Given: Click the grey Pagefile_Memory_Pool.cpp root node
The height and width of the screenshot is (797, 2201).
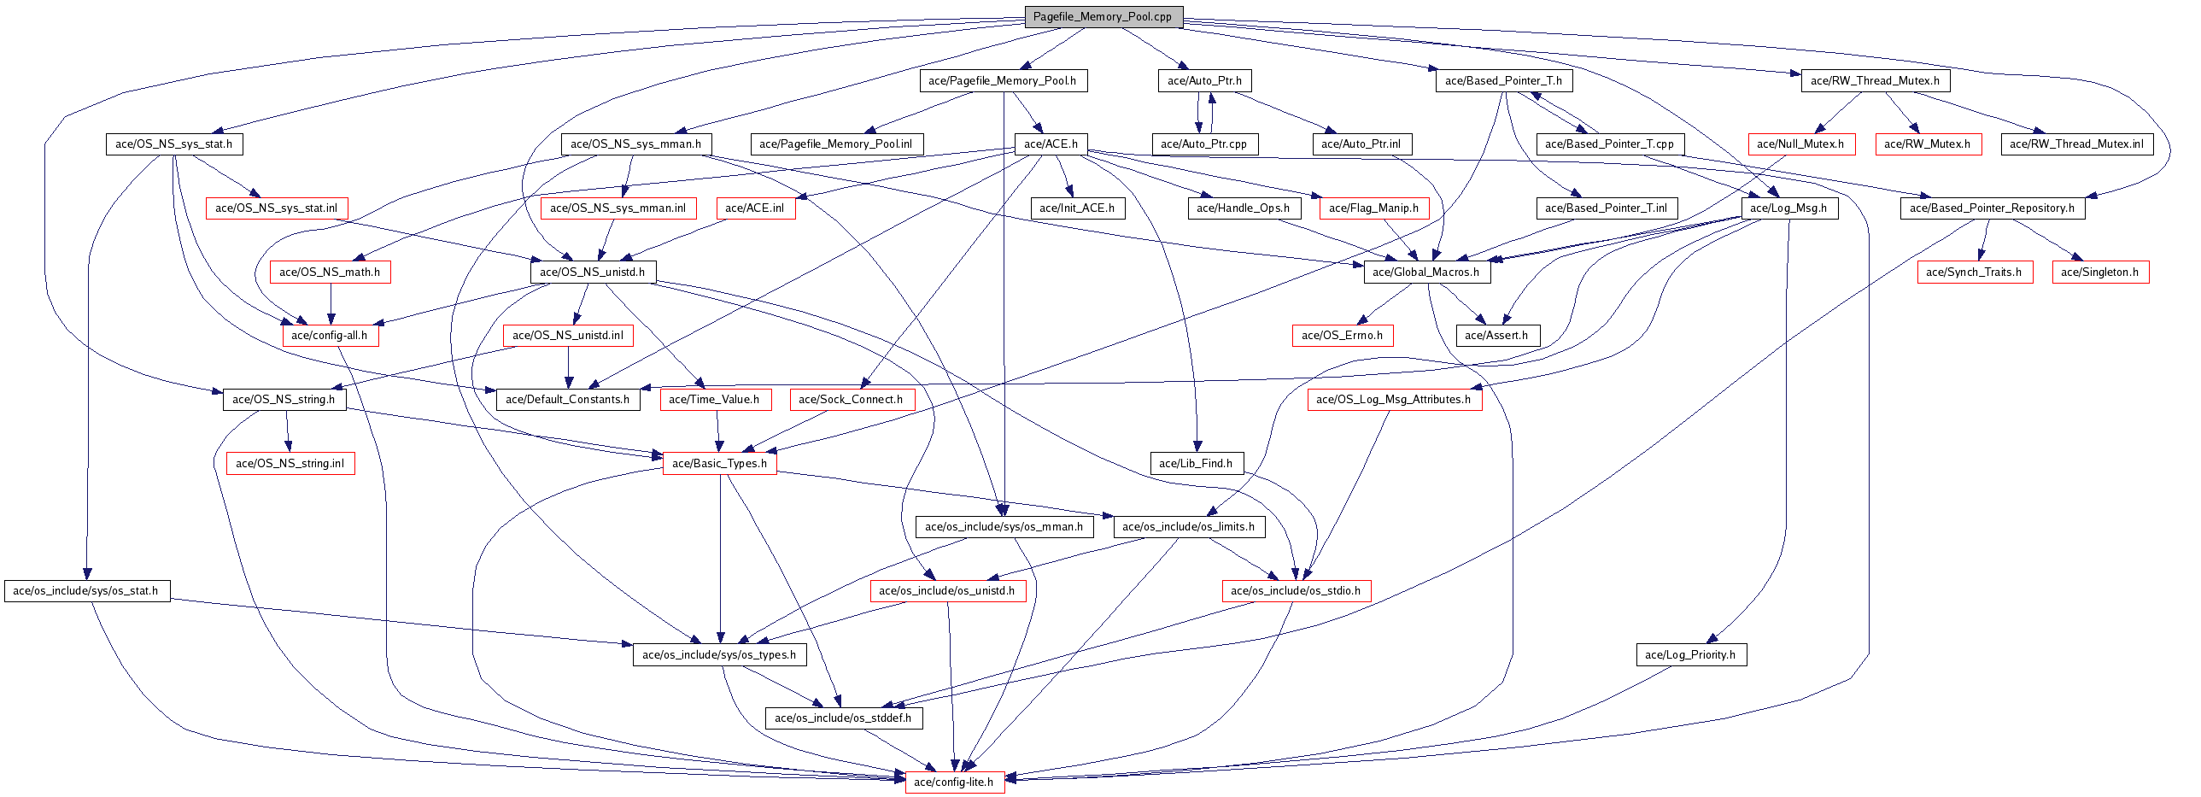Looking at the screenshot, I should [1103, 17].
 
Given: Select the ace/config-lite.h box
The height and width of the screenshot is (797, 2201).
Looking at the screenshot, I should [953, 782].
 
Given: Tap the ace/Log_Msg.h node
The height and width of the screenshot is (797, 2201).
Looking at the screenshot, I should [1788, 208].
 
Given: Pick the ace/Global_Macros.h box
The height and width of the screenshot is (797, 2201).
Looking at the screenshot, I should [1425, 272].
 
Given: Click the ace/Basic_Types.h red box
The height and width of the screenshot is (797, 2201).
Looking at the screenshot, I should [719, 463].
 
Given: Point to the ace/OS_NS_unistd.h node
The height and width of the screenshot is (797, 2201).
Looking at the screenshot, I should [592, 272].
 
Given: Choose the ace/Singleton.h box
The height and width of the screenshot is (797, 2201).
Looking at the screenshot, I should [2099, 272].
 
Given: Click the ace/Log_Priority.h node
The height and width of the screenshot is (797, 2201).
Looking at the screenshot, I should [1690, 654].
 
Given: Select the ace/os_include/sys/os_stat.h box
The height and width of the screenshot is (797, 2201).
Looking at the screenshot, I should [85, 590].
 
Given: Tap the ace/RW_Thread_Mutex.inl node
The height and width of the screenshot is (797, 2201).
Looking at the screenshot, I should [2076, 144].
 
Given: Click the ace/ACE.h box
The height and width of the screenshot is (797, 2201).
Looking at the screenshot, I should [1050, 144].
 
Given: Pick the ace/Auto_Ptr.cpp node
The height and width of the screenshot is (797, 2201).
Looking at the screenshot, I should [1203, 144].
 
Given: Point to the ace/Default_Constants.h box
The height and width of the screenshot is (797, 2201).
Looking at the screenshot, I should [567, 399].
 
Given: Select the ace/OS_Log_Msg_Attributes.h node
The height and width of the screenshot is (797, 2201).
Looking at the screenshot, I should [1394, 399].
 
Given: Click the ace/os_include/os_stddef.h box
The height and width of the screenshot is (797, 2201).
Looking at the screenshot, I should [842, 718].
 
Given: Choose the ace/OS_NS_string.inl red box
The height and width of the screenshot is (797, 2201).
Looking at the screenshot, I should [290, 463].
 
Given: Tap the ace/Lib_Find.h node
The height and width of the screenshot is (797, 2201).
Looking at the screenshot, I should [1196, 463].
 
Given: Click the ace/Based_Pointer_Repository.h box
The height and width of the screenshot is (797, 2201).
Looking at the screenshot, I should [1992, 208].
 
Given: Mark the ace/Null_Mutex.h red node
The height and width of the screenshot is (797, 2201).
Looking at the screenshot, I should [1800, 144].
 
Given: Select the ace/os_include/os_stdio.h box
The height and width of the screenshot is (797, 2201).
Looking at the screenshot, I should [1296, 590].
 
